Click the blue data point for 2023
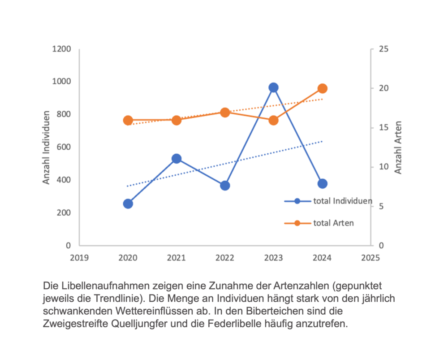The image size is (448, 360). (273, 87)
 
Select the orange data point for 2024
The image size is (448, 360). (322, 88)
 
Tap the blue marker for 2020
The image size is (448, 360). (128, 204)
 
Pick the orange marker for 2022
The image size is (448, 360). (225, 112)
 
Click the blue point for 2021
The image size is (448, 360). (176, 159)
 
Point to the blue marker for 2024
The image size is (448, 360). (322, 183)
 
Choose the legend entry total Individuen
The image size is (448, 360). (342, 201)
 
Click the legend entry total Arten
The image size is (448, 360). (333, 223)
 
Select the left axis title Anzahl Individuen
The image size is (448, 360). (46, 147)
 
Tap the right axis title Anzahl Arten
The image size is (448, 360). (398, 147)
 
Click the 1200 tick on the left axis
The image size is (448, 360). (62, 49)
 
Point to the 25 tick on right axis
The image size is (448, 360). (383, 49)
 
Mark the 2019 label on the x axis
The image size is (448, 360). (79, 258)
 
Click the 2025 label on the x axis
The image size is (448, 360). (370, 258)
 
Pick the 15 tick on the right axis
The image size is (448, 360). (383, 128)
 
